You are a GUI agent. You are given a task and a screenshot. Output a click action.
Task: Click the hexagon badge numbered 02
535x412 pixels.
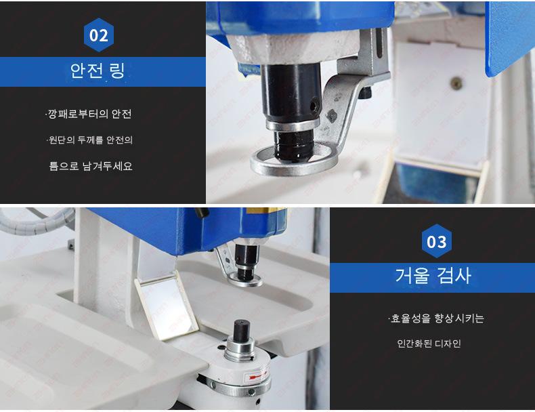click(x=99, y=35)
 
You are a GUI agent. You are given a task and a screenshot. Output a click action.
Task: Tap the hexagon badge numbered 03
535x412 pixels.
click(x=436, y=241)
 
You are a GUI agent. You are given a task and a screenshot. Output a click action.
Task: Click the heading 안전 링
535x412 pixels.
click(x=98, y=71)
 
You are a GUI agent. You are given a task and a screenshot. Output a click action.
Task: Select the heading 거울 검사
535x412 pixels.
click(x=433, y=276)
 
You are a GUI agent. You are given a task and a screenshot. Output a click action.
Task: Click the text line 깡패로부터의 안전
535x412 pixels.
click(x=88, y=114)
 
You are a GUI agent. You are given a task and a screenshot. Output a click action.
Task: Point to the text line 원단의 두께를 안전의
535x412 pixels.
click(x=89, y=140)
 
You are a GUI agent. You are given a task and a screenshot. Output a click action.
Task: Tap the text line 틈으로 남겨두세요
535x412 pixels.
click(x=91, y=166)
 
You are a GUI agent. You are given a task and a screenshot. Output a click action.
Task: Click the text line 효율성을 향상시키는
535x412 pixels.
click(x=435, y=318)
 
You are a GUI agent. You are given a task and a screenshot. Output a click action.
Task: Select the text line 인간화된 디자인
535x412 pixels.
click(x=429, y=344)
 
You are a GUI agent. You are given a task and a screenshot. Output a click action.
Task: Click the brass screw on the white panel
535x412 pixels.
click(x=456, y=83)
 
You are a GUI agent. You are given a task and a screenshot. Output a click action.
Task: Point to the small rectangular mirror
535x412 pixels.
click(x=167, y=309)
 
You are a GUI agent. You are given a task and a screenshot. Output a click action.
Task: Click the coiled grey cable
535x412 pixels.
click(x=37, y=222)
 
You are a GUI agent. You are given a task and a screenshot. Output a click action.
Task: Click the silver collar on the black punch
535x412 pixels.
click(x=293, y=124)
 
